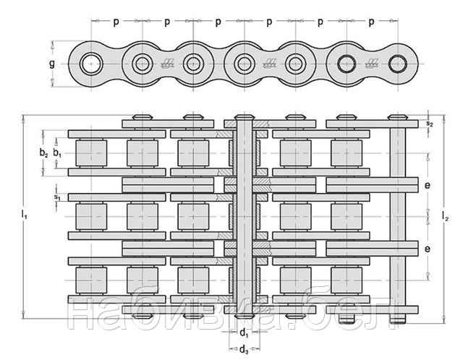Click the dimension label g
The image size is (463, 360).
pos(52,64)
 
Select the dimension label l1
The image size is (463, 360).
pos(24,215)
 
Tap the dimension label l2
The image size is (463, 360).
pos(446,215)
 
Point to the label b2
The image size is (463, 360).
pos(43,153)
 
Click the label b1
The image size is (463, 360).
pos(58,153)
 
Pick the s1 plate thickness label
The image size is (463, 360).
pos(57,197)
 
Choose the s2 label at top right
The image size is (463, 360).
pos(429,124)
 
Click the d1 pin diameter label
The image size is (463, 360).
pos(244,333)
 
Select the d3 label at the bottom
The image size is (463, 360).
pos(244,350)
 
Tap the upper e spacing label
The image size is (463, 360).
pos(428,185)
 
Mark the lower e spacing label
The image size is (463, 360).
pos(428,249)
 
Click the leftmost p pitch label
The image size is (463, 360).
pos(116,22)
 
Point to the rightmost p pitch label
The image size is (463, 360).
pos(372,22)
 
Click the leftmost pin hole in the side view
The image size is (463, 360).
pos(91,64)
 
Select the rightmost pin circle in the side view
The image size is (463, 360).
pos(398,64)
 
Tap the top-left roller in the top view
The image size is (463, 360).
pos(91,153)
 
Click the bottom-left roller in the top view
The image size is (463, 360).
pos(91,280)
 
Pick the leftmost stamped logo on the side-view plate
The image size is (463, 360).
pos(168,64)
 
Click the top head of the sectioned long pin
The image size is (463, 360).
pos(245,117)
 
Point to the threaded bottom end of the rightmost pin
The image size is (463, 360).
pos(398,319)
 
